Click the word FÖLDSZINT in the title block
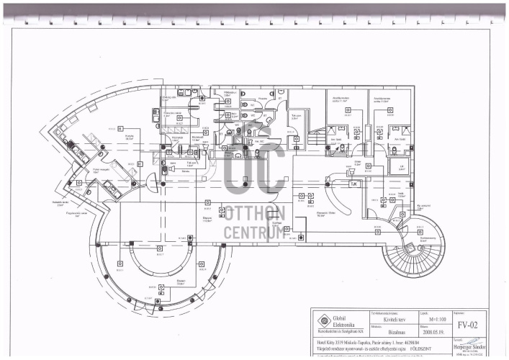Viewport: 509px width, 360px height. point(431,346)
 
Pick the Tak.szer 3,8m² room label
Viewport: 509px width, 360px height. point(295,116)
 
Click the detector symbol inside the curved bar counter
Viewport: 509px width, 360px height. point(161,250)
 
